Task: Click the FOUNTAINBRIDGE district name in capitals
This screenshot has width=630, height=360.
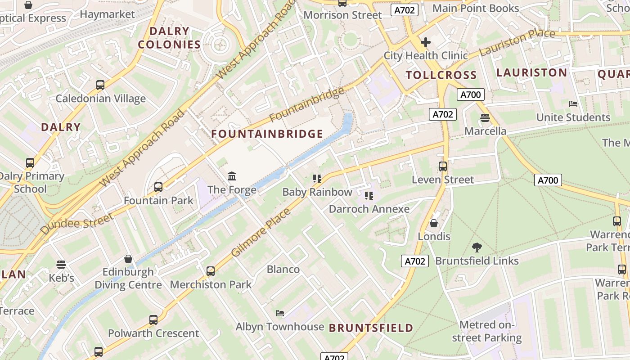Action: click(x=267, y=134)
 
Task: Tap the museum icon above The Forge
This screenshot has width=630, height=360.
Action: click(x=232, y=175)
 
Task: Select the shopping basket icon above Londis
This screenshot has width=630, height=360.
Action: click(x=434, y=223)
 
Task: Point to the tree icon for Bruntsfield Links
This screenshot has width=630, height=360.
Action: click(x=477, y=247)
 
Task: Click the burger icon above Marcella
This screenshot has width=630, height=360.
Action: click(x=485, y=118)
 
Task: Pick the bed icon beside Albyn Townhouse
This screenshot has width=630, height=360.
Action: click(x=279, y=313)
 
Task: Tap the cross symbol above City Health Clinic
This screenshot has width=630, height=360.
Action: click(x=425, y=42)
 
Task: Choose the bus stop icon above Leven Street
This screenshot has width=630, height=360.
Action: click(x=443, y=166)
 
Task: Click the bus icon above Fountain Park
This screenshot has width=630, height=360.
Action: click(x=158, y=187)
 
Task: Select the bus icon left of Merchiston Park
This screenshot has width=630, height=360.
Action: click(x=211, y=271)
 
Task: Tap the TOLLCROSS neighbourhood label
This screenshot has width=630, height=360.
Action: click(x=441, y=75)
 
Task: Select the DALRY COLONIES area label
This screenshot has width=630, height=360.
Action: click(x=169, y=38)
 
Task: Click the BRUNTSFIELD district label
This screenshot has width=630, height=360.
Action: click(x=371, y=328)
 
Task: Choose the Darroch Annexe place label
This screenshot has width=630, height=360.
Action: click(x=369, y=209)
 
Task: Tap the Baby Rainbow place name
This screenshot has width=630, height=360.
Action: click(x=317, y=192)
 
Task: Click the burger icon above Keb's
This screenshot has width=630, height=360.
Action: click(x=61, y=264)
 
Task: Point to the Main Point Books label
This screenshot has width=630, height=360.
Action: click(x=476, y=8)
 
